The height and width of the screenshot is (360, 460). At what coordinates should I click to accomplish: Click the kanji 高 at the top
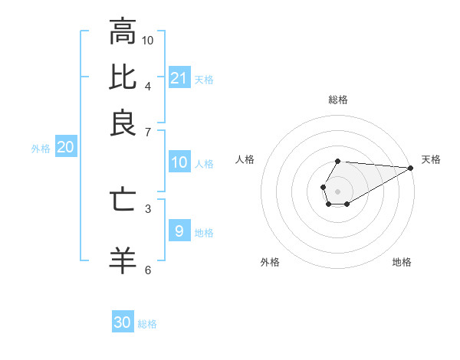[x=123, y=31]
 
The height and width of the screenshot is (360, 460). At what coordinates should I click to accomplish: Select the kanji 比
[x=123, y=77]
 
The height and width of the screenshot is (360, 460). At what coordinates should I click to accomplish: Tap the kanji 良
[x=123, y=123]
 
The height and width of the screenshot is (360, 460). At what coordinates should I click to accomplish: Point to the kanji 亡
[x=123, y=199]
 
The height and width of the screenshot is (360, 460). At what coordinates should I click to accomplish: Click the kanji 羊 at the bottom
[x=123, y=260]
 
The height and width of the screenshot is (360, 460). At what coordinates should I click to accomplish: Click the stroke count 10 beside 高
[x=148, y=40]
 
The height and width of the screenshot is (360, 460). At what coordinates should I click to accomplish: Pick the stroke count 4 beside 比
[x=148, y=85]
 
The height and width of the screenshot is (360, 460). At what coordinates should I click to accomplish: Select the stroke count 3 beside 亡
[x=148, y=208]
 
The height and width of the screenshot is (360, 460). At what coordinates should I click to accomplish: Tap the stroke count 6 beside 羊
[x=148, y=269]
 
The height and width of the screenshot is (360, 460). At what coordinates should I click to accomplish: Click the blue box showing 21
[x=179, y=77]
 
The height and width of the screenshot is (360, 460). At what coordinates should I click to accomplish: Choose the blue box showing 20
[x=65, y=148]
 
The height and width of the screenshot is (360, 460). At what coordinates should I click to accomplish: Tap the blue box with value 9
[x=179, y=231]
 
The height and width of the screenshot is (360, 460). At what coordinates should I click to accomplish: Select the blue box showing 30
[x=123, y=322]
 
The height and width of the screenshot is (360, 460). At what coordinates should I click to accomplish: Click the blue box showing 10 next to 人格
[x=179, y=162]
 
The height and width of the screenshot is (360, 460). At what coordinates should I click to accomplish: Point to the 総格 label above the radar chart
[x=338, y=100]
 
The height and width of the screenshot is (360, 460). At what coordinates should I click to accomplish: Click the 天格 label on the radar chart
[x=431, y=159]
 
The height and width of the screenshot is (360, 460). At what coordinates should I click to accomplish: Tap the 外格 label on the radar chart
[x=270, y=263]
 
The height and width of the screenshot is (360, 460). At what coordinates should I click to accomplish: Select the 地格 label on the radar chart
[x=402, y=263]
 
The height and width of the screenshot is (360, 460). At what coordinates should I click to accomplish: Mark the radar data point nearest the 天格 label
[x=411, y=168]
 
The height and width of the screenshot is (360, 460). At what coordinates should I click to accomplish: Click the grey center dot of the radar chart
[x=337, y=190]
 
